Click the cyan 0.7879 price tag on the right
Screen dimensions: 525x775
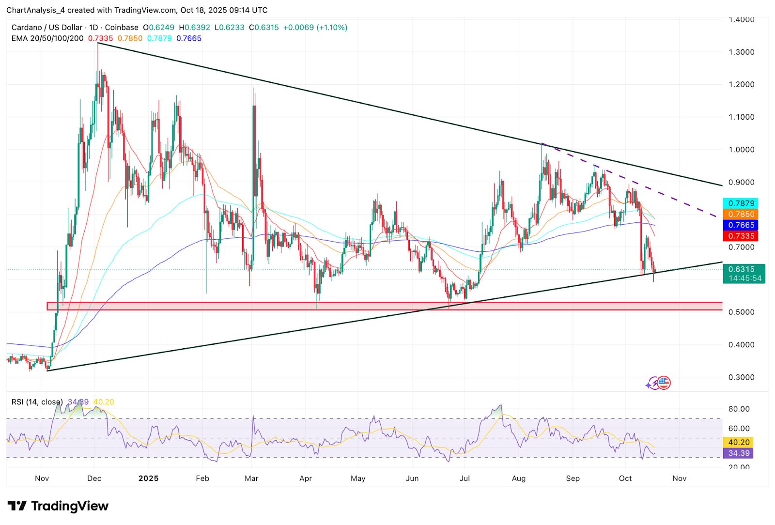point(741,203)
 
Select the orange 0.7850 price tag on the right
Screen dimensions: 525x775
point(741,214)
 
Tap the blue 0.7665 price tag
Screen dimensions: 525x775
point(741,225)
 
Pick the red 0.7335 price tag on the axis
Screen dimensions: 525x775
point(741,236)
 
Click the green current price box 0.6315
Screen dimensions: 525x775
point(744,274)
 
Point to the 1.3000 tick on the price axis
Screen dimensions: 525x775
point(741,52)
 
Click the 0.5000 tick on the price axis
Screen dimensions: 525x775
point(741,312)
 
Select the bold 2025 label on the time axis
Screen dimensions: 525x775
point(148,479)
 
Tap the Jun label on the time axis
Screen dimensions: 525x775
point(412,479)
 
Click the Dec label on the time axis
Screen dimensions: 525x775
point(94,479)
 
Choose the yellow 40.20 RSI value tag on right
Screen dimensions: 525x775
point(739,442)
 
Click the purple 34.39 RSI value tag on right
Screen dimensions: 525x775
point(739,453)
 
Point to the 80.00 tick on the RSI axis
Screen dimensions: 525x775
point(739,409)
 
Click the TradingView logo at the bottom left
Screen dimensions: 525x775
point(58,506)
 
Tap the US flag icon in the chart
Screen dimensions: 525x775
point(664,383)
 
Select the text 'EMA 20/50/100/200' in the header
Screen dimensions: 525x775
point(47,38)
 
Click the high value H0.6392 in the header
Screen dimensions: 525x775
point(195,28)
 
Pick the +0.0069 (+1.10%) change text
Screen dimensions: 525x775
point(315,28)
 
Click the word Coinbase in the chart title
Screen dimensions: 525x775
point(122,28)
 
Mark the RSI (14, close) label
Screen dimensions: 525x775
point(37,402)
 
